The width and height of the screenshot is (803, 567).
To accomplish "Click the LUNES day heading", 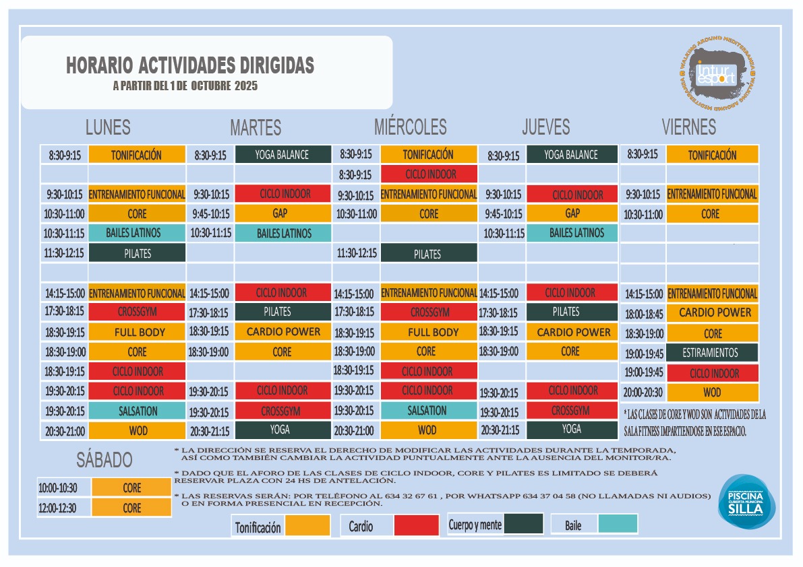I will coord(108,127).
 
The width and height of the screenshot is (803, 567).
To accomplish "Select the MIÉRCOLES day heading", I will coord(410,127).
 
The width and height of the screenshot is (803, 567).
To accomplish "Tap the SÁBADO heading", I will coord(104,461).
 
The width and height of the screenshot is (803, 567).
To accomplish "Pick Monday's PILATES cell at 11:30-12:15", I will coord(137,253).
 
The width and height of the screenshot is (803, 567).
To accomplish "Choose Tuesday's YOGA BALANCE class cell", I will coord(282,154).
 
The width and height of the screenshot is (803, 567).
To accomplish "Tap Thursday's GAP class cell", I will coord(572,213).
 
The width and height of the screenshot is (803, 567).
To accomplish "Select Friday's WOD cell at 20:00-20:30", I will coord(712,393).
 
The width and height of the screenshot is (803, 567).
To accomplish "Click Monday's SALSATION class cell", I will coord(137,411).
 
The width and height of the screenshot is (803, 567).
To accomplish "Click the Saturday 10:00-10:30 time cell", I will coord(57,488).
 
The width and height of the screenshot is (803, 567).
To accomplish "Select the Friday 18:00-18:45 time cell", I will coord(644,314).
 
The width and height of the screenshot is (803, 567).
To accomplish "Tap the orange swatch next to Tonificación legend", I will coord(307,525).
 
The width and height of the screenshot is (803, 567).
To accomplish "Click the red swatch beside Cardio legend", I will coord(416,525).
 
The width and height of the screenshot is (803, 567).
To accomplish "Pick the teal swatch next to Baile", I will coord(618,524).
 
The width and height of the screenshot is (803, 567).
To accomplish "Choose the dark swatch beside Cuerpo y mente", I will coord(523,524).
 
